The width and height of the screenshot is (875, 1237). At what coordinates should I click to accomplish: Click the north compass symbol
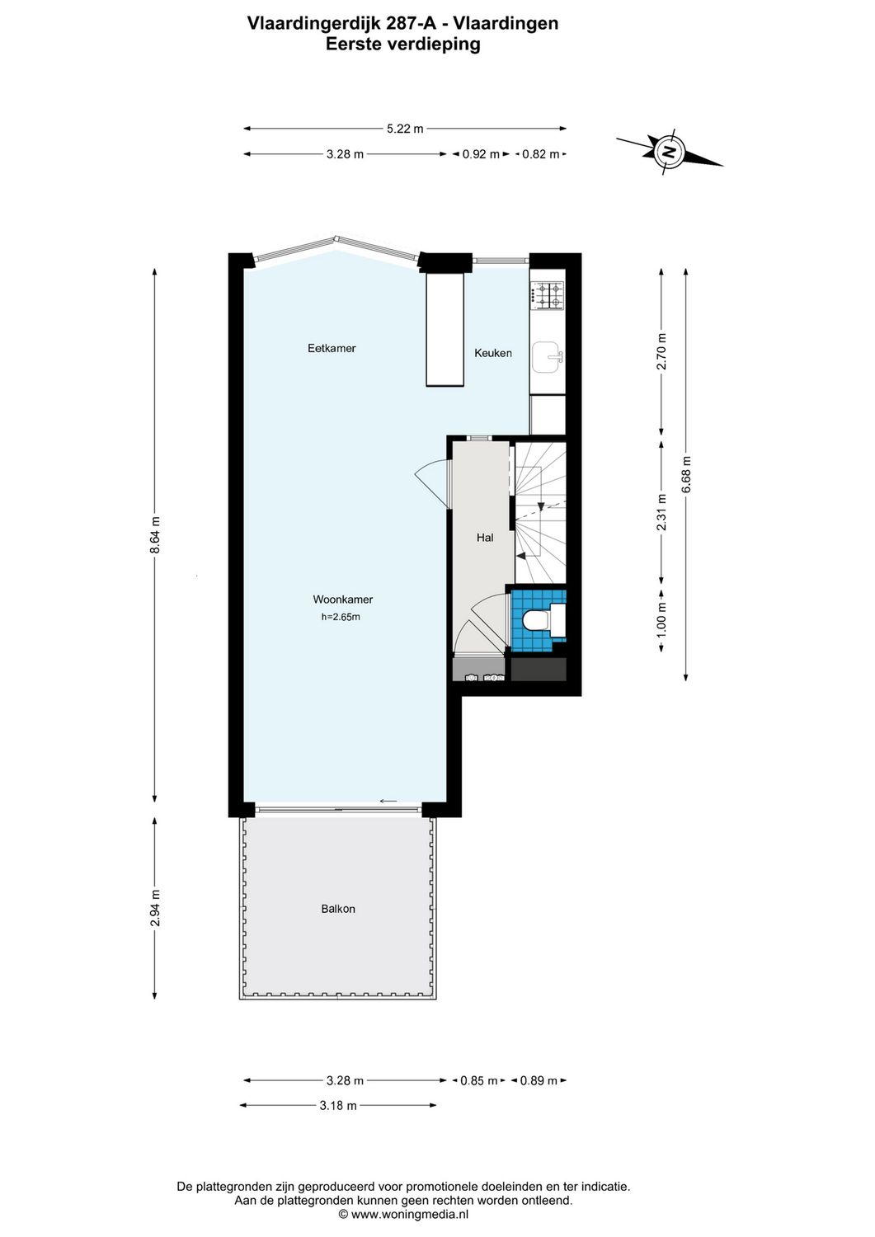[x=669, y=151]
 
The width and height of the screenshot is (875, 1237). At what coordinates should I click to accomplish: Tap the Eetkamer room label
[x=332, y=348]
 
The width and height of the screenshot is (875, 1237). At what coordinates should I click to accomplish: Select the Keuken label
[x=493, y=353]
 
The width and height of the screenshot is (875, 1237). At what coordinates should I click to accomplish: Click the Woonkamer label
[x=342, y=600]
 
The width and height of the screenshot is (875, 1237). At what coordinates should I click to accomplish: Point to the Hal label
[x=485, y=538]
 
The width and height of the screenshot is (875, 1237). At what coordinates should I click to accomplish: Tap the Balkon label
[x=338, y=909]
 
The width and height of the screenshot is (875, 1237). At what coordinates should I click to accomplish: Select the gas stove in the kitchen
[x=548, y=295]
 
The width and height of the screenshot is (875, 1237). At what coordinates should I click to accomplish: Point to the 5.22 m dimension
[x=405, y=129]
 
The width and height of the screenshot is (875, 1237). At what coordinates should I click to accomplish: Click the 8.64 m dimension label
[x=155, y=536]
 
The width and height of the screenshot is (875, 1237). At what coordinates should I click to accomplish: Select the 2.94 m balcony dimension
[x=155, y=908]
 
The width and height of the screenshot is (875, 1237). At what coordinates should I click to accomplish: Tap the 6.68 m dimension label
[x=686, y=475]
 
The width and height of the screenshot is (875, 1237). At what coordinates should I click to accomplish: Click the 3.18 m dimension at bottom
[x=338, y=1105]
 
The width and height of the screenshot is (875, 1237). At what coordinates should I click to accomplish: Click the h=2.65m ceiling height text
[x=341, y=617]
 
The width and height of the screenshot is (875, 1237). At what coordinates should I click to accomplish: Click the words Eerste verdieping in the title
[x=402, y=45]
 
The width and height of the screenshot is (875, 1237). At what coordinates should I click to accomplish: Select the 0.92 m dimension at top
[x=481, y=154]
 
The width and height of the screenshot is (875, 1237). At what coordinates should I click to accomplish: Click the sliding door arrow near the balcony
[x=388, y=801]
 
